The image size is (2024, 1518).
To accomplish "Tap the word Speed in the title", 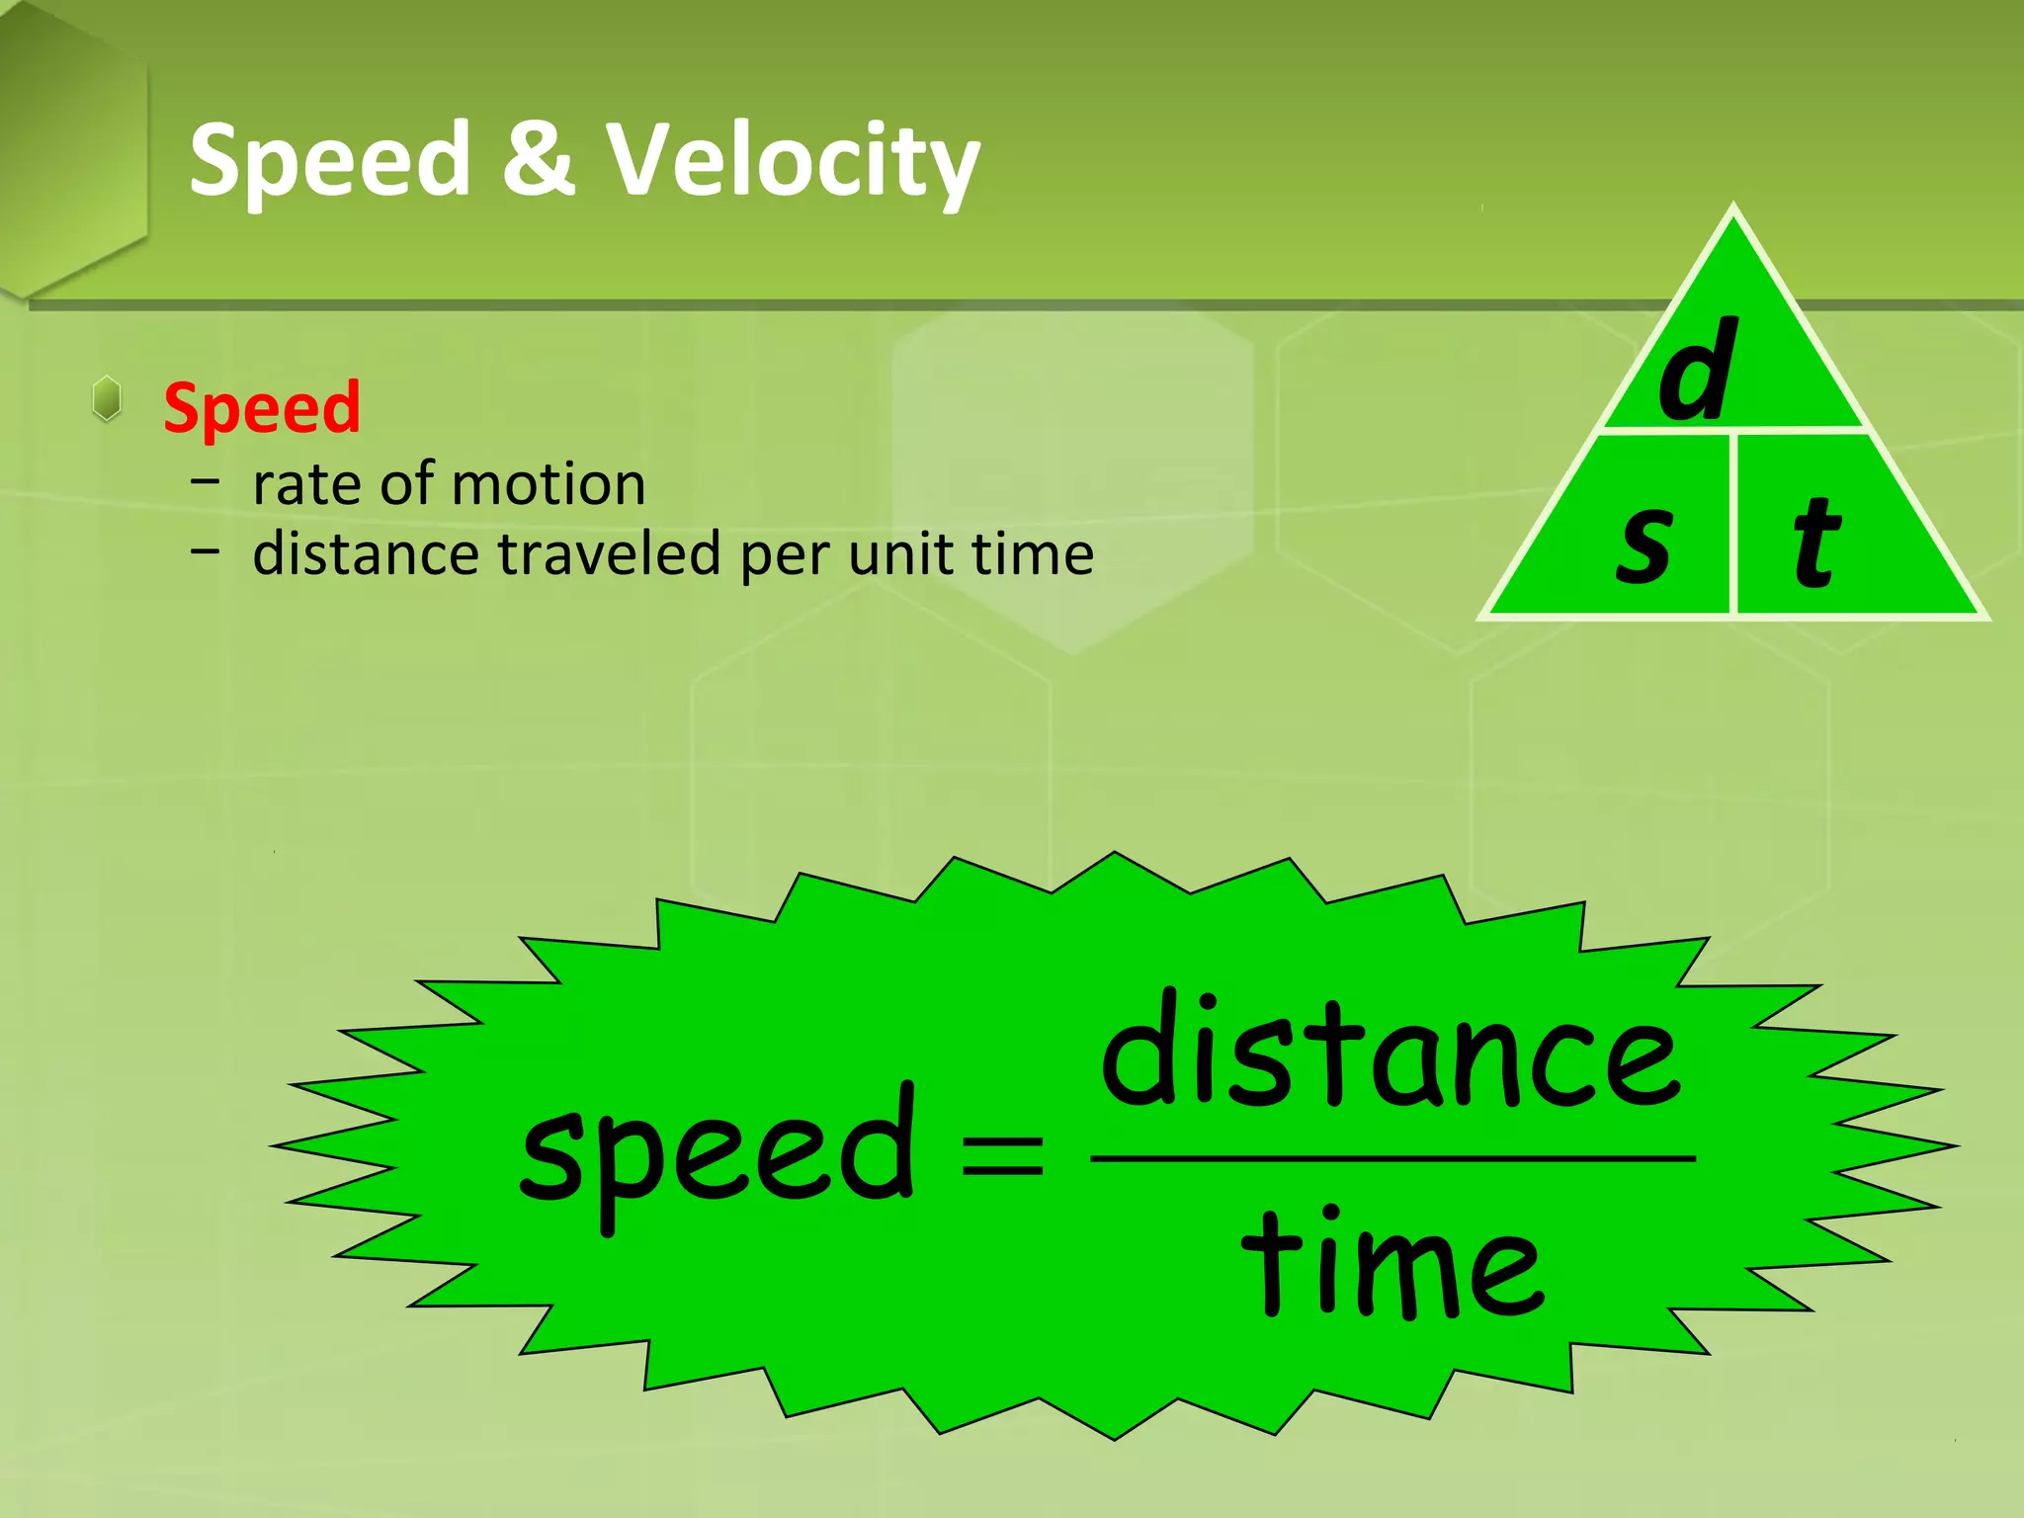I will click(330, 160).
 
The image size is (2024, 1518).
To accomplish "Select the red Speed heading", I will click(262, 407).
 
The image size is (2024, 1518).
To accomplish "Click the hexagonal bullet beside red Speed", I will click(107, 399).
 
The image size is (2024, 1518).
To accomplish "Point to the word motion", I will click(548, 485).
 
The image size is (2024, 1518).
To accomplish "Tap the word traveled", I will click(610, 553).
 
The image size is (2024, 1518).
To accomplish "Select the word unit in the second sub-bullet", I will click(901, 553).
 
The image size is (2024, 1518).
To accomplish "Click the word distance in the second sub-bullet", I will click(367, 553).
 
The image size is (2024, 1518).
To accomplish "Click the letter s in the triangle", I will click(1645, 542).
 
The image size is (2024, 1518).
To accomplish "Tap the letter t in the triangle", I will click(1815, 542).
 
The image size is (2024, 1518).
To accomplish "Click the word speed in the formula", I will click(717, 1152).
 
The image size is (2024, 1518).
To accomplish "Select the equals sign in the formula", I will click(1002, 1154).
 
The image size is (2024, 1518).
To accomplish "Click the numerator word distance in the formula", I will click(1391, 1054).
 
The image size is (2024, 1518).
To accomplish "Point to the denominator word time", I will click(1392, 1265).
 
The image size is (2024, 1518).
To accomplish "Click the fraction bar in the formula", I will click(1392, 1157).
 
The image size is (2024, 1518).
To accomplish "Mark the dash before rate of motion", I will click(206, 481).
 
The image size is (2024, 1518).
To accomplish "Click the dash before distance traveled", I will click(206, 550).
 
